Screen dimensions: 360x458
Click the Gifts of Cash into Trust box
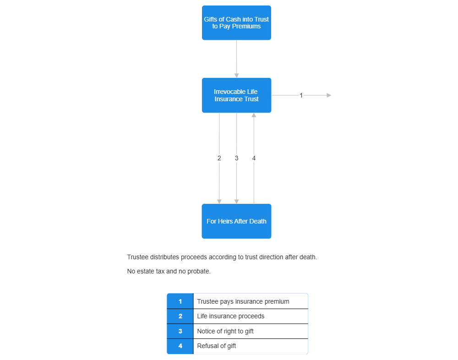pos(236,23)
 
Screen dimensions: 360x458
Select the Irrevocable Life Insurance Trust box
pos(236,95)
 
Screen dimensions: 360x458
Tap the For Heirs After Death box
pos(236,221)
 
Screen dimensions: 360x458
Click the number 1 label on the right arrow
pos(301,95)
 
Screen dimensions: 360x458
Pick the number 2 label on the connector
pos(219,158)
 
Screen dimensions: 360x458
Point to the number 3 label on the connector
pos(236,158)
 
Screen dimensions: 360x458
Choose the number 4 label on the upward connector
pos(254,158)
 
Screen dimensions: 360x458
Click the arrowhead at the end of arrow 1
pos(329,95)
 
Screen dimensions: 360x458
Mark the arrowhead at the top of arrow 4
pos(254,115)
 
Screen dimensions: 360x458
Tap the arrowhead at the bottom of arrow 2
pos(219,202)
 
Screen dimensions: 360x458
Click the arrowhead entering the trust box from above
pos(236,75)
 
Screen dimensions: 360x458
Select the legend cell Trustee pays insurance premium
pos(250,301)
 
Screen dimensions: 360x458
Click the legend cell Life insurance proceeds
pos(250,316)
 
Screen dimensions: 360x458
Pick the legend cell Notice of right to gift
pos(250,331)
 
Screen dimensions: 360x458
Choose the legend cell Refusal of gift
pos(250,346)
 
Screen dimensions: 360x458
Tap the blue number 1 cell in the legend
pos(180,301)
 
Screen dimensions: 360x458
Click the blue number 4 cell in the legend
pos(180,346)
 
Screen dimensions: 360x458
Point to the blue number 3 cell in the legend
pos(180,331)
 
